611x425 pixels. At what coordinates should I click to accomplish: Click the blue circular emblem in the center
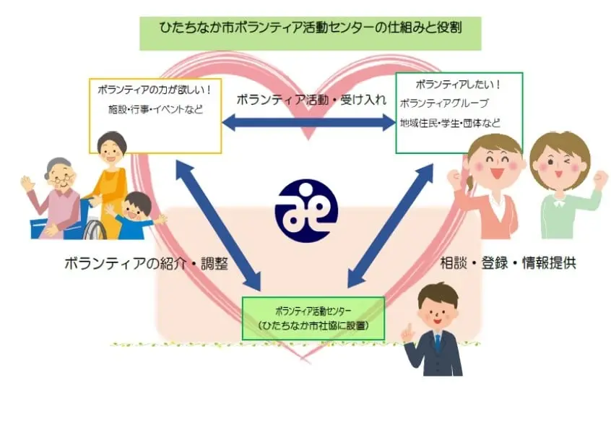click(306, 210)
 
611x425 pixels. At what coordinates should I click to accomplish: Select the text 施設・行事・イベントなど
click(155, 110)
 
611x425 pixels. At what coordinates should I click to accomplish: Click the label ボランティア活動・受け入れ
click(311, 99)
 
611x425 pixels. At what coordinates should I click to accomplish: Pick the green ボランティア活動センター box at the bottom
click(313, 318)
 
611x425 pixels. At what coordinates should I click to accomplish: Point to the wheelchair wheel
click(93, 231)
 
